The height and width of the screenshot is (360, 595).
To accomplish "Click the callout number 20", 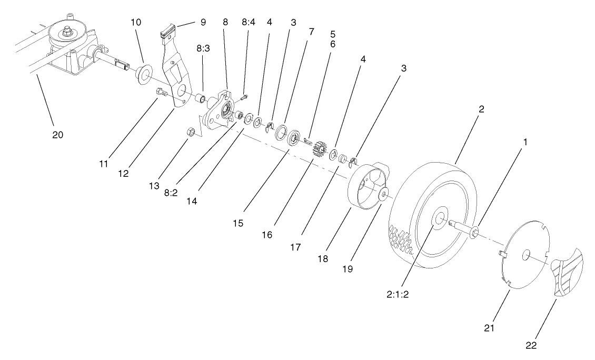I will point(57,135).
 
